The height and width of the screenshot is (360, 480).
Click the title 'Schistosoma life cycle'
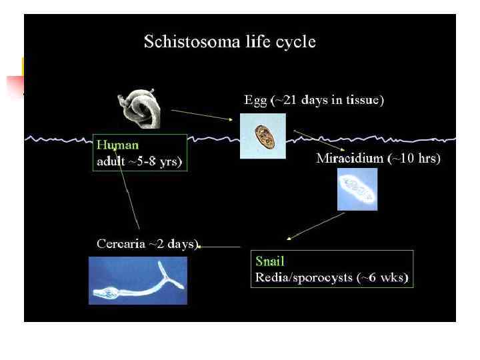click(230, 42)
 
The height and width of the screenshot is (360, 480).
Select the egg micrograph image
click(263, 136)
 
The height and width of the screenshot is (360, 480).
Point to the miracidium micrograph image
click(357, 189)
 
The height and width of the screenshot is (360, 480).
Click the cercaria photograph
click(138, 280)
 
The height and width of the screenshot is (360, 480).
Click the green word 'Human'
click(117, 143)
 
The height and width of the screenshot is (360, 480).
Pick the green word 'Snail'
click(269, 262)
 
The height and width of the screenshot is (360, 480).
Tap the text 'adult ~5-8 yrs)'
click(139, 161)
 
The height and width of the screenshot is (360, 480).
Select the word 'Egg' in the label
click(255, 101)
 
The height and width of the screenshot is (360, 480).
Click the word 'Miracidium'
click(349, 159)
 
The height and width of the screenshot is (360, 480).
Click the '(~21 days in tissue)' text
click(327, 101)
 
